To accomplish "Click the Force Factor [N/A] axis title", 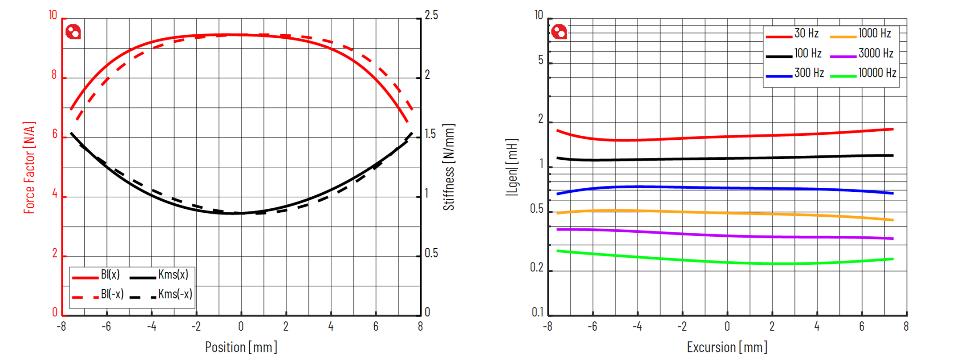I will coord(29,167).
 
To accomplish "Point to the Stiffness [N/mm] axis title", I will coord(449,167).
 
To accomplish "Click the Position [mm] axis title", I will coord(241,347).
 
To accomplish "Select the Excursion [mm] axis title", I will coord(727,347).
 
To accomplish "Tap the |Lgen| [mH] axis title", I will coord(512,167).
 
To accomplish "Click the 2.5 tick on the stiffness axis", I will coord(431,16).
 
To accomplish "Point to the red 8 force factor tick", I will coord(54,75).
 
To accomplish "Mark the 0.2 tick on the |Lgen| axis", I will coord(537,268).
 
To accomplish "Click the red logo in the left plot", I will coord(73,32).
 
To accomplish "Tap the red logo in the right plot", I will coord(559,32).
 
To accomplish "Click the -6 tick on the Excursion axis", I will coord(592,327).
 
